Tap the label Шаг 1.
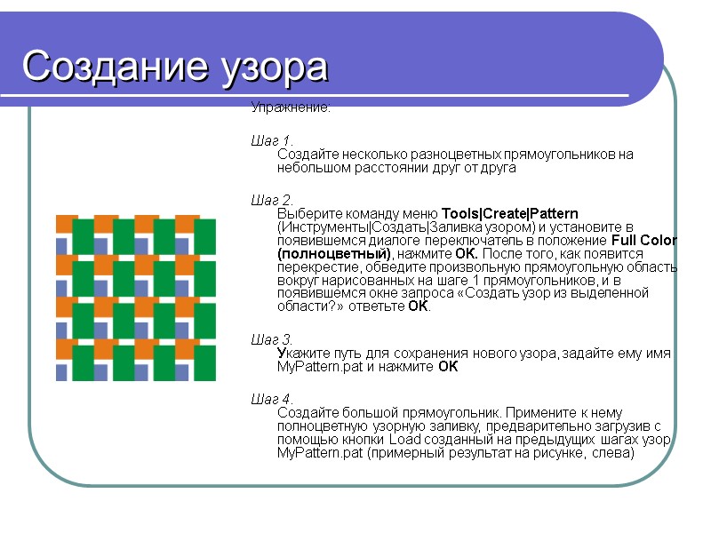tap(272, 140)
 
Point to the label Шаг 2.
tap(272, 200)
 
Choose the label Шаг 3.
tap(272, 339)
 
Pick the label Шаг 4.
tap(272, 399)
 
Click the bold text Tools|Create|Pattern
tap(510, 214)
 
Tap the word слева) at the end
tap(614, 453)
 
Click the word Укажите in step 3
tap(301, 354)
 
